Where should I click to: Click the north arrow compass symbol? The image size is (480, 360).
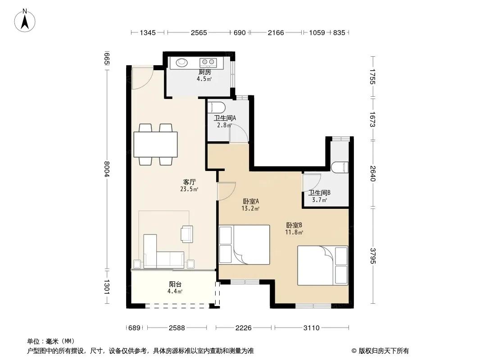click(25, 21)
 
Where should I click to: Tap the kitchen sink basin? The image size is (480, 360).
click(181, 63)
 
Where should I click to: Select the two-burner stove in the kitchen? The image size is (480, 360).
click(208, 63)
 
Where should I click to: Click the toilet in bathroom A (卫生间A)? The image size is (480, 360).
click(217, 108)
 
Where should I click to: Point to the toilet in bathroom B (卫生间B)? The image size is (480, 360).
click(340, 167)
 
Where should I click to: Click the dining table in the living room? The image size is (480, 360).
click(155, 144)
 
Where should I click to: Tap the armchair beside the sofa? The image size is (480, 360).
click(187, 234)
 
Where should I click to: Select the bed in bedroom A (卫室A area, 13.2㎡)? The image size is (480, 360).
click(245, 245)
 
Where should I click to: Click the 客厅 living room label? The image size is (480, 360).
click(190, 182)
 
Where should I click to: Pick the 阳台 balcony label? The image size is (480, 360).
click(175, 284)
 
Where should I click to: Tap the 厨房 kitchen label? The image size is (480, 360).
click(204, 72)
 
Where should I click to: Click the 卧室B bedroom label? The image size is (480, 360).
click(294, 225)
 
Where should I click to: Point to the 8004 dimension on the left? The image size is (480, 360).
click(107, 169)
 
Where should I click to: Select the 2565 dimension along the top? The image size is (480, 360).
click(199, 32)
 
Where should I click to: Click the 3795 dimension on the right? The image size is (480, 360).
click(372, 256)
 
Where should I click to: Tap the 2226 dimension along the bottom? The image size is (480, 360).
click(243, 328)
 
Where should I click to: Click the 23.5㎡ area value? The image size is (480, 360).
click(189, 189)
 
